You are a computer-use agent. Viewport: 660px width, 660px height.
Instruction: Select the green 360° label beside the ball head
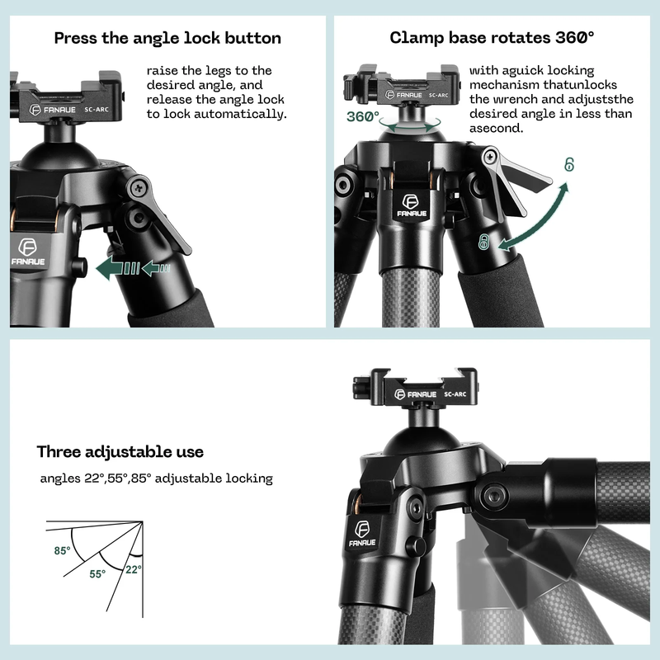click(x=363, y=117)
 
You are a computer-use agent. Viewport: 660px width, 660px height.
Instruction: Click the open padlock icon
click(x=569, y=165)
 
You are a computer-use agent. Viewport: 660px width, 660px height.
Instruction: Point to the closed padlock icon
click(x=484, y=243)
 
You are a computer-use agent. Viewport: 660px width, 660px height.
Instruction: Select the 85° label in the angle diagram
click(x=63, y=550)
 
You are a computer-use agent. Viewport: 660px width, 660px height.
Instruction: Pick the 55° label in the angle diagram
click(x=97, y=573)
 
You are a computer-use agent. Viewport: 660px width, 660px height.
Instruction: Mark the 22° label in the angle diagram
click(x=134, y=568)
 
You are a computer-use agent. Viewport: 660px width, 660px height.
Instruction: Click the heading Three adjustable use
click(x=120, y=452)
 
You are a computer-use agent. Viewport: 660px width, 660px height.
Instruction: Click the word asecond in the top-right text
click(x=496, y=129)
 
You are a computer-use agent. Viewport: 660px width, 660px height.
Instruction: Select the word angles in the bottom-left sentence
click(x=59, y=478)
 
